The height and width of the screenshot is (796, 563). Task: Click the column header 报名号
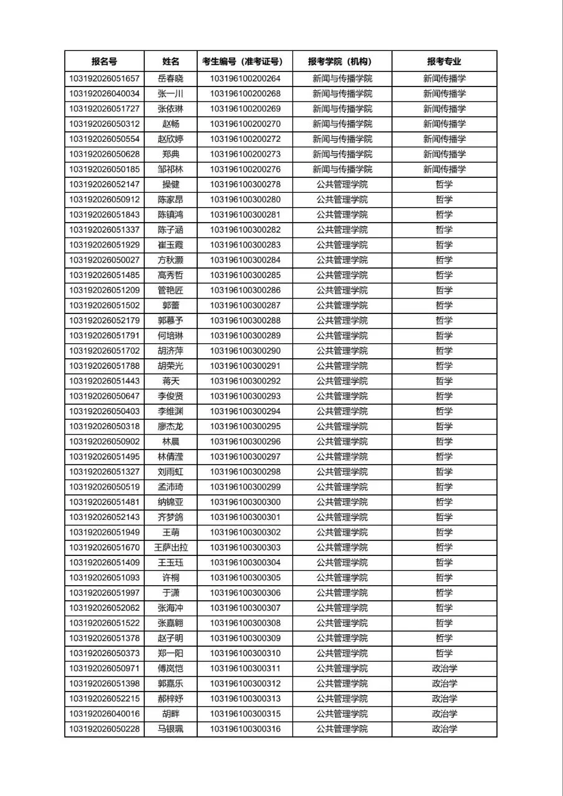tap(104, 62)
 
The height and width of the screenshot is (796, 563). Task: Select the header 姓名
tap(170, 62)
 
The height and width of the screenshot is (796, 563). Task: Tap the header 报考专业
tap(444, 62)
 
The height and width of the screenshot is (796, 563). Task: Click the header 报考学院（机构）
tap(342, 62)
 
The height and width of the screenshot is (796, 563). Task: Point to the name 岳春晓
tap(170, 79)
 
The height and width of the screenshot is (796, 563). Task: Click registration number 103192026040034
tap(104, 94)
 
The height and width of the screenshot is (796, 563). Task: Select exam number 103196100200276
tap(245, 169)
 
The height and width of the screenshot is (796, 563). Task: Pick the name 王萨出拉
tap(170, 547)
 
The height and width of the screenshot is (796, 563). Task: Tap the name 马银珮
tap(170, 729)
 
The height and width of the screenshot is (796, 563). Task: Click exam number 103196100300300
tap(245, 502)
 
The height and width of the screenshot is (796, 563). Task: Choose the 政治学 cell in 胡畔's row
tap(444, 713)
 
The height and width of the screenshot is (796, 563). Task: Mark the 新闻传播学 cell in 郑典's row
tap(444, 154)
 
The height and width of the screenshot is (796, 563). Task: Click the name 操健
tap(170, 185)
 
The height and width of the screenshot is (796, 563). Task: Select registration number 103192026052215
tap(104, 698)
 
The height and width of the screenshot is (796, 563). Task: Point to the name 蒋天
tap(170, 381)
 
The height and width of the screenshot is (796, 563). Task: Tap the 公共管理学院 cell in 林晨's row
tap(342, 442)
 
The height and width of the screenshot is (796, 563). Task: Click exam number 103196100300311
tap(245, 669)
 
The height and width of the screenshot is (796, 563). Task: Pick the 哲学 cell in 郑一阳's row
tap(444, 653)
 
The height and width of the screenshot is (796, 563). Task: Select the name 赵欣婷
tap(170, 139)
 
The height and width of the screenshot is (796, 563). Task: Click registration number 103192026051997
tap(104, 593)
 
